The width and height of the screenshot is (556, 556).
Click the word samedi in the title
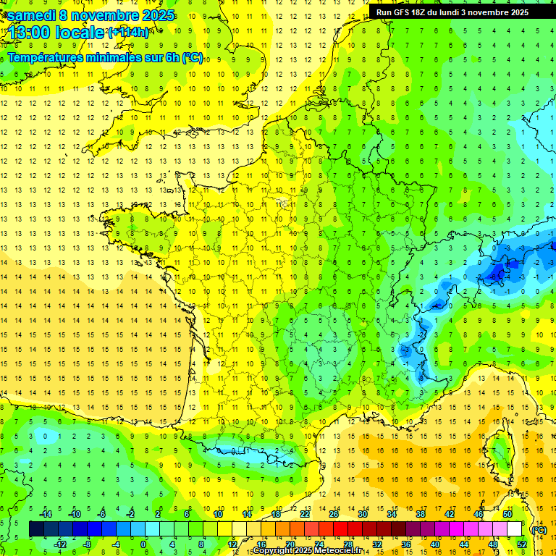pyautogui.click(x=32, y=15)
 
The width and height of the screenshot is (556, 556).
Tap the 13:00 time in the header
pyautogui.click(x=33, y=33)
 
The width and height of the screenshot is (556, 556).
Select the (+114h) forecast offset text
pyautogui.click(x=128, y=33)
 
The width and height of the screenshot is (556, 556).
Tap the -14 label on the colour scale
pyautogui.click(x=48, y=514)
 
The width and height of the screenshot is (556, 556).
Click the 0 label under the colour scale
pyautogui.click(x=143, y=544)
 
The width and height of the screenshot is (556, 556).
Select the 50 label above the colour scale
pyautogui.click(x=507, y=514)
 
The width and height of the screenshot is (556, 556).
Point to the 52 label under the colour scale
pyautogui.click(x=522, y=544)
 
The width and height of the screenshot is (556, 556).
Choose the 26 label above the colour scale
pyautogui.click(x=334, y=514)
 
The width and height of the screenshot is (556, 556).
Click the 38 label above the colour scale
pyautogui.click(x=421, y=514)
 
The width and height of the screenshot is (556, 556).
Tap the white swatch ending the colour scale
pyautogui.click(x=515, y=529)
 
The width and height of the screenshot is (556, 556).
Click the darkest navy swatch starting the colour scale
pyautogui.click(x=36, y=529)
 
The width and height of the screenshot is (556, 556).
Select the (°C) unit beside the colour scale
pyautogui.click(x=538, y=529)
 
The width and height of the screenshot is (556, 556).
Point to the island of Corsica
pyautogui.click(x=500, y=452)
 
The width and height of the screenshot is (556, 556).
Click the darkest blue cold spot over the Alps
pyautogui.click(x=497, y=273)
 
